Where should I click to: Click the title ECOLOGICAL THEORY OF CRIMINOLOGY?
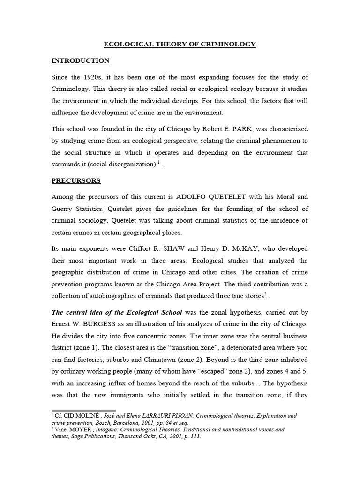pos(180,45)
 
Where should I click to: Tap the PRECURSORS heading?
pos(76,180)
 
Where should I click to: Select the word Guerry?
pos(63,209)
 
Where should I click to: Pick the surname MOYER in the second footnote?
pos(75,429)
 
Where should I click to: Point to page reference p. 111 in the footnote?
pos(193,436)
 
